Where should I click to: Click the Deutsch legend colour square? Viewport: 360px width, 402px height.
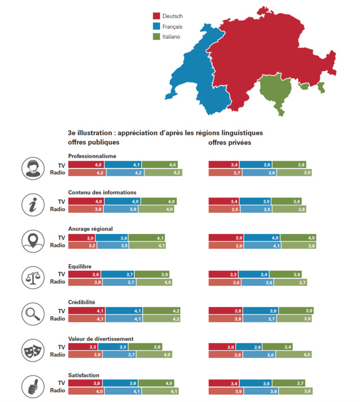click(x=156, y=16)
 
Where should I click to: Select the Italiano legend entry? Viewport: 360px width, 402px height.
click(x=167, y=37)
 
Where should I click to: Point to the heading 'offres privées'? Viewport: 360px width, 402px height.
click(x=229, y=143)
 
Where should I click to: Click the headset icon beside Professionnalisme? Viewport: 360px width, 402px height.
click(x=32, y=167)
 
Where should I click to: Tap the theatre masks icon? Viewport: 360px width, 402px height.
click(x=32, y=351)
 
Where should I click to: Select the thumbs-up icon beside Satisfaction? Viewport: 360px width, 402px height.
click(x=32, y=387)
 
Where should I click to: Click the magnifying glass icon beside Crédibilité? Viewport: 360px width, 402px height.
click(x=32, y=314)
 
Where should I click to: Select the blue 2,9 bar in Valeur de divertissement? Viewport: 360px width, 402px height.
click(x=248, y=347)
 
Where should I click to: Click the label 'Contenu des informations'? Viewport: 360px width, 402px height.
click(x=102, y=192)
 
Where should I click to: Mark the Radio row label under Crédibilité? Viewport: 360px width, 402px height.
click(x=57, y=319)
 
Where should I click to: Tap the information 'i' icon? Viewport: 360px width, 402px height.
click(x=32, y=204)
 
